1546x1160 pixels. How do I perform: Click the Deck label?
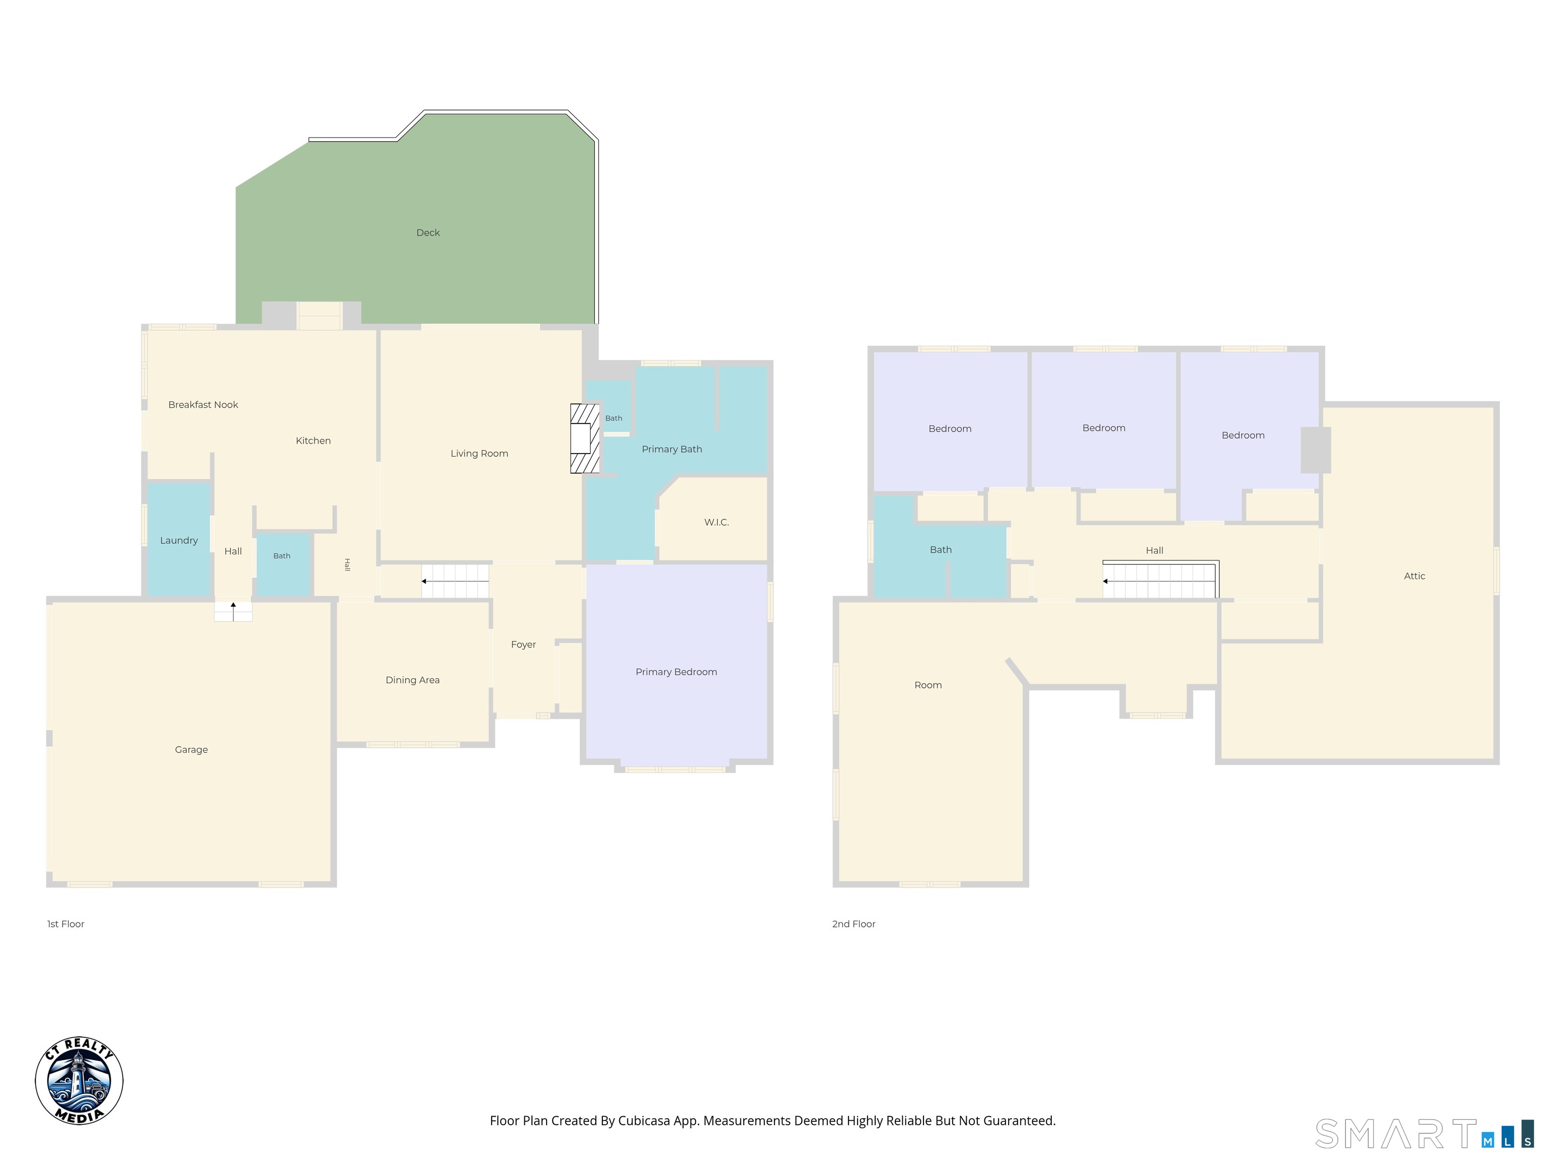pyautogui.click(x=428, y=233)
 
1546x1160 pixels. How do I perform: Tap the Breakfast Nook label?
pyautogui.click(x=203, y=405)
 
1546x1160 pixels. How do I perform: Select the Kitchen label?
pyautogui.click(x=313, y=441)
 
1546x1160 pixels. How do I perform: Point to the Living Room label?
pyautogui.click(x=480, y=454)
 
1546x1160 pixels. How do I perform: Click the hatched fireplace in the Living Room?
pyautogui.click(x=585, y=439)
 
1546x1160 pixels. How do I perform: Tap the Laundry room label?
pyautogui.click(x=179, y=541)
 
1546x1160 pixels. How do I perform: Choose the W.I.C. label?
pyautogui.click(x=717, y=522)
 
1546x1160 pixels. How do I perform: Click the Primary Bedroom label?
pyautogui.click(x=676, y=672)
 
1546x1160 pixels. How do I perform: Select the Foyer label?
pyautogui.click(x=523, y=644)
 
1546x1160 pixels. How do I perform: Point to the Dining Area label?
pyautogui.click(x=412, y=680)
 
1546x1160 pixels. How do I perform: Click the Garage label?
pyautogui.click(x=192, y=750)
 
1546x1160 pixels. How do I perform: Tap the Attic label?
pyautogui.click(x=1415, y=576)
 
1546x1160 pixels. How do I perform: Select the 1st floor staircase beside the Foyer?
pyautogui.click(x=455, y=581)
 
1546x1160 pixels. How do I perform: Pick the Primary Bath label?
pyautogui.click(x=672, y=449)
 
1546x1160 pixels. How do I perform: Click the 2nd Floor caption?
pyautogui.click(x=854, y=924)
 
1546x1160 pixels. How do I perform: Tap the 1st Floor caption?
pyautogui.click(x=66, y=924)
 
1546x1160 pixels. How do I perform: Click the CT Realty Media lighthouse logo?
pyautogui.click(x=79, y=1080)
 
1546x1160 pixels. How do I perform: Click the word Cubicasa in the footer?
pyautogui.click(x=644, y=1121)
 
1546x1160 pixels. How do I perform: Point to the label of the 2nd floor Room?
pyautogui.click(x=928, y=685)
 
